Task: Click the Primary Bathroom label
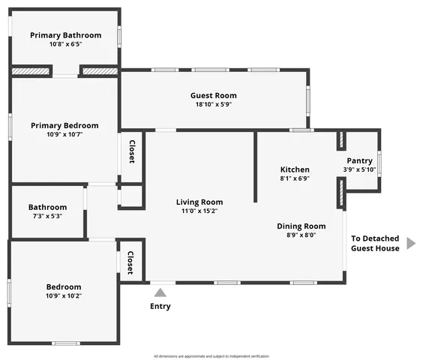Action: click(64, 34)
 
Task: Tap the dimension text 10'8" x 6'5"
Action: click(64, 44)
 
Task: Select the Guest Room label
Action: click(214, 95)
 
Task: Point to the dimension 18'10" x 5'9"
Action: click(214, 104)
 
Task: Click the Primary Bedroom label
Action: click(64, 125)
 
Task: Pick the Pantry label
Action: click(359, 160)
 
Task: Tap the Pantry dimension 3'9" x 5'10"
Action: click(359, 169)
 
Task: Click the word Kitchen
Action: click(295, 169)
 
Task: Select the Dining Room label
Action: click(301, 226)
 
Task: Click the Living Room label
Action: click(199, 202)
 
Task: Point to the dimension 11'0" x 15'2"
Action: click(199, 211)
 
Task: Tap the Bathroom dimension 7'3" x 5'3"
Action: click(46, 216)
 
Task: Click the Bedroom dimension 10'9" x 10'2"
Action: click(64, 295)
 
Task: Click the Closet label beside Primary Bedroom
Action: click(132, 152)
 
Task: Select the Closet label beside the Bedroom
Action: click(130, 263)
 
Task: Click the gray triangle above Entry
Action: click(160, 292)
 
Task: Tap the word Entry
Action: click(160, 306)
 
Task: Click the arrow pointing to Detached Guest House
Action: click(410, 243)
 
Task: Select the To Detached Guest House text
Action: click(375, 243)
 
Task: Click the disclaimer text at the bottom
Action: click(211, 356)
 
